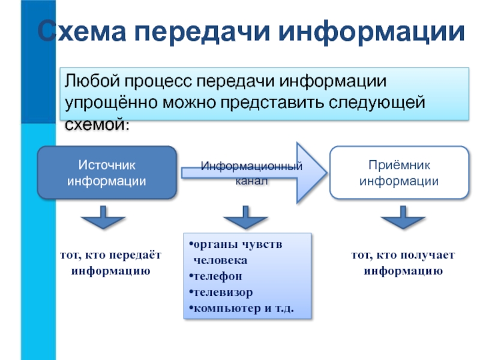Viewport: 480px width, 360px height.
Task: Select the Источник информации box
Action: [x=107, y=172]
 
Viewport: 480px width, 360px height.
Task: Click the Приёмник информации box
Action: [x=399, y=172]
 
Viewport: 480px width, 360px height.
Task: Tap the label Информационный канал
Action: [x=251, y=172]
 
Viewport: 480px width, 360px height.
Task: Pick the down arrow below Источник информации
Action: [x=103, y=218]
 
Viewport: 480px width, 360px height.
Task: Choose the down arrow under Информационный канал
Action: [x=245, y=218]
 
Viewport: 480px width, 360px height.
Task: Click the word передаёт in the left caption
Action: [x=139, y=256]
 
